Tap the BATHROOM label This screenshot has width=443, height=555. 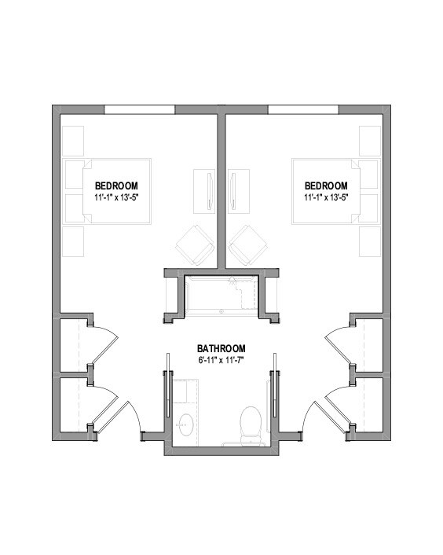[222, 348]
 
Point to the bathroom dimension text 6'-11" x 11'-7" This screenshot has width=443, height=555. [222, 360]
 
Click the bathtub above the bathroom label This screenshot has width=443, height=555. [221, 294]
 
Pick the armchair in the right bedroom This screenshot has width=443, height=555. [250, 244]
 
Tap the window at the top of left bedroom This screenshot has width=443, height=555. [140, 109]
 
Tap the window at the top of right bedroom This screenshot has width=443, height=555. [303, 109]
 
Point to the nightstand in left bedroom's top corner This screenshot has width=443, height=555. [74, 140]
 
